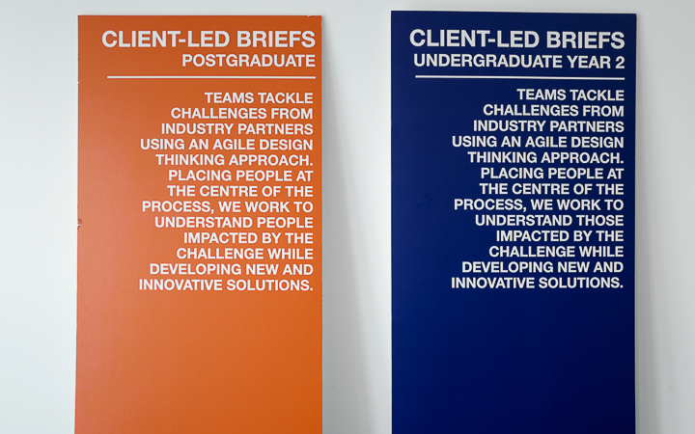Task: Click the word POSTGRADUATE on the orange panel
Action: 249,61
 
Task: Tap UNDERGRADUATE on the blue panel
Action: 488,61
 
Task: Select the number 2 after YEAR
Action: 619,63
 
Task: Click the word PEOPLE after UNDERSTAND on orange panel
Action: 285,223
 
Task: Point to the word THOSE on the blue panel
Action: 599,221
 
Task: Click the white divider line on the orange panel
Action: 211,77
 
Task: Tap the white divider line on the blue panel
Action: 520,78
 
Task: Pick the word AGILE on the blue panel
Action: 545,142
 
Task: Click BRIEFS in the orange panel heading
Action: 276,40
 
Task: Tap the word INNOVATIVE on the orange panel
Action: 181,285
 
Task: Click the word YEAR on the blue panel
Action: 588,63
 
